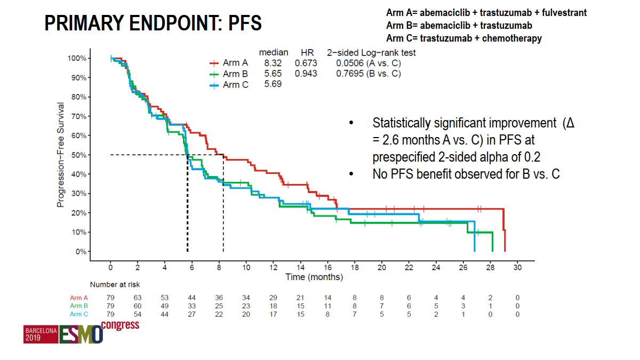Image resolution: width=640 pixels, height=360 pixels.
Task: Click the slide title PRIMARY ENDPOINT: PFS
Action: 153,23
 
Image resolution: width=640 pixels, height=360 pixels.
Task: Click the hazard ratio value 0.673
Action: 306,63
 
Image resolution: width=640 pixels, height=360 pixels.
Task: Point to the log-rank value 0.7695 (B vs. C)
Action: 368,74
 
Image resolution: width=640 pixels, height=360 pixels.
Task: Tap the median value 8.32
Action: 273,63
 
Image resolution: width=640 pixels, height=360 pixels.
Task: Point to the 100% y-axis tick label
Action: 77,58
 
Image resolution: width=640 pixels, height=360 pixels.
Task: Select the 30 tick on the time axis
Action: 517,268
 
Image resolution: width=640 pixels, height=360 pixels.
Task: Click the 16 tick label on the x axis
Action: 327,268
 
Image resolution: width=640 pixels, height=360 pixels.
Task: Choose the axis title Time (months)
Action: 314,277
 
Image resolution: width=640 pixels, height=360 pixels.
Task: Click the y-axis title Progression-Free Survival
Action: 61,155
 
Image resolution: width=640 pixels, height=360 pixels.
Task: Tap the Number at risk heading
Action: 115,285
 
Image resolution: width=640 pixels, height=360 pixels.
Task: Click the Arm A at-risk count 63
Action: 137,298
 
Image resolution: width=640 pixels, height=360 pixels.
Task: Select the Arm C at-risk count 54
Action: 137,315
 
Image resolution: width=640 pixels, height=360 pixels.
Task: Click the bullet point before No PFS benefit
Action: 351,174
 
